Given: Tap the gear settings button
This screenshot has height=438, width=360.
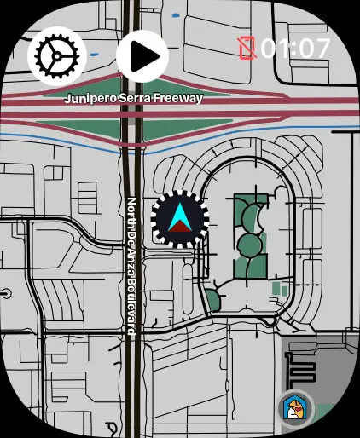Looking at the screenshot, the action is click(57, 56).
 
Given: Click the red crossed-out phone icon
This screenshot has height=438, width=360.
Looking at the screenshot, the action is click(247, 49).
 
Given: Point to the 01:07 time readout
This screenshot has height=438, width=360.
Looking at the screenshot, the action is click(295, 49).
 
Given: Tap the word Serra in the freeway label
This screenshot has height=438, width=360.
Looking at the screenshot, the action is click(135, 98).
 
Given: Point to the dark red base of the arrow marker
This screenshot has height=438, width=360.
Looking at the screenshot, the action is click(180, 227).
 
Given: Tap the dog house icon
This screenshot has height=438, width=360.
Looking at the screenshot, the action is click(295, 408).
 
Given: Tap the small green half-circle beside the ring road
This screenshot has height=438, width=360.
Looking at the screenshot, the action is click(212, 300).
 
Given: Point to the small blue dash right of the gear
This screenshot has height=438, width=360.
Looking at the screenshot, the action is click(94, 55).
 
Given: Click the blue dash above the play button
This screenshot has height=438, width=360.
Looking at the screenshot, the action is click(176, 15).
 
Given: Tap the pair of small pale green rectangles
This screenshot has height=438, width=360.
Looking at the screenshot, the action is click(281, 289).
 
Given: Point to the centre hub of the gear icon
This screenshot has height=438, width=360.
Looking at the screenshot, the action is click(57, 56).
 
